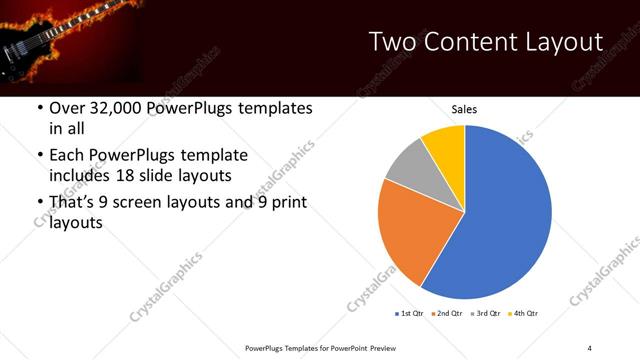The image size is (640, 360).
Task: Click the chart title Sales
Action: pos(464,108)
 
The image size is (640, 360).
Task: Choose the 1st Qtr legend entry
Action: pos(410,314)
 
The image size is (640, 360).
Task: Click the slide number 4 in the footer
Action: pos(589,347)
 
